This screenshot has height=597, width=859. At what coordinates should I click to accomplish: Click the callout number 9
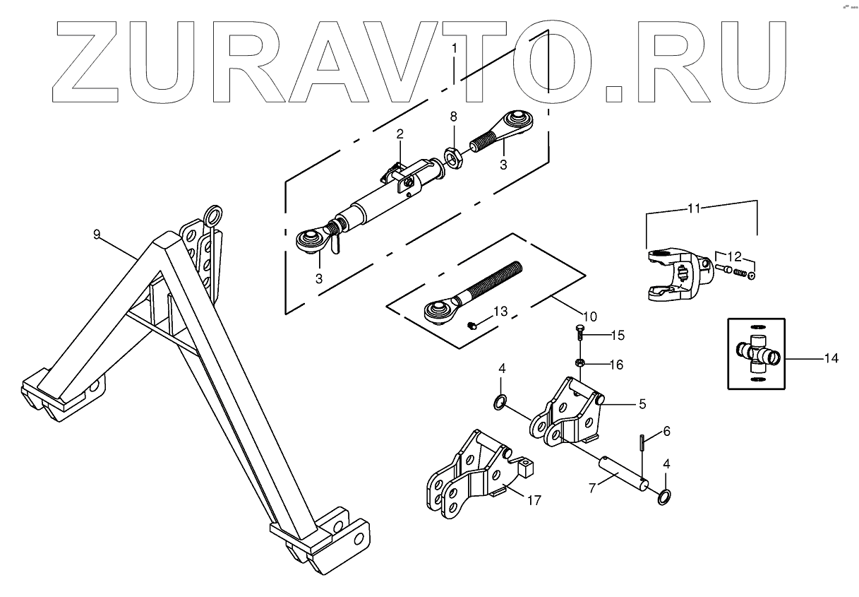tap(97, 234)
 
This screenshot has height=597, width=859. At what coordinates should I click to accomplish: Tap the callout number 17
tap(534, 500)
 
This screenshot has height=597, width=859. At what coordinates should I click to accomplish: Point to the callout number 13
tap(500, 311)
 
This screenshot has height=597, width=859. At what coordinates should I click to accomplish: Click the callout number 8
tap(453, 115)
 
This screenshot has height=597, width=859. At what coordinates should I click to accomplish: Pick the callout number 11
tap(694, 208)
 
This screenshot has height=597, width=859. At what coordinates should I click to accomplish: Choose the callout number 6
tap(666, 431)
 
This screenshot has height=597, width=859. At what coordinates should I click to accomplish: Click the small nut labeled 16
tap(579, 363)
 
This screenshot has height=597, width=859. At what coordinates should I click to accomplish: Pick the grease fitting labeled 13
tap(471, 325)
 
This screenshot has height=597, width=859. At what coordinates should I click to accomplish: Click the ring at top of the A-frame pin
tap(211, 213)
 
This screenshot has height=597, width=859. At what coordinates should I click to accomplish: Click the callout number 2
tap(400, 134)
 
